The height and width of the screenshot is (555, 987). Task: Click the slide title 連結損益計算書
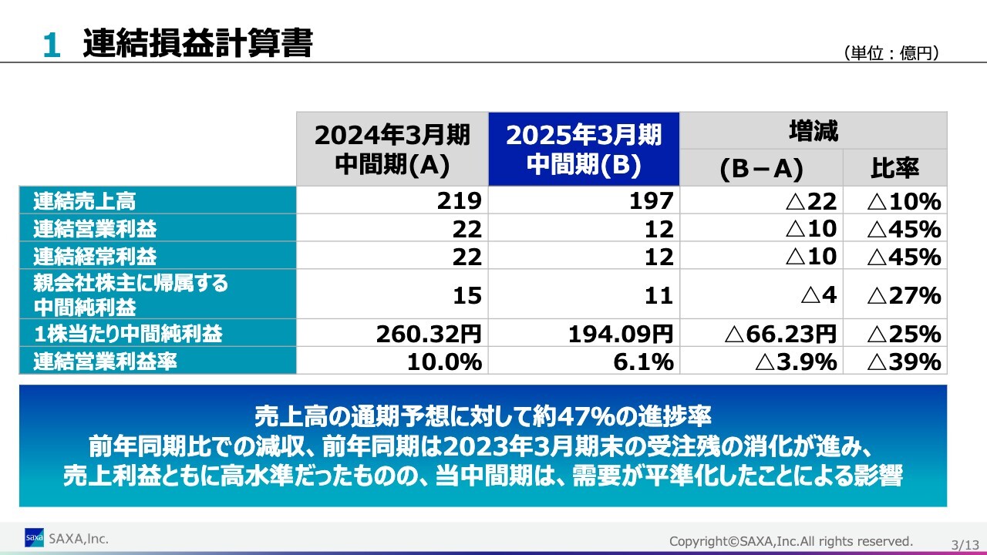pos(197,43)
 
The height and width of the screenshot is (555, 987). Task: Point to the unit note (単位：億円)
pos(893,53)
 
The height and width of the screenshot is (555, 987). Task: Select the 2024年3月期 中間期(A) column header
pos(392,150)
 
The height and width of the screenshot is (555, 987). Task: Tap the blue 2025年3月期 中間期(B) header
pos(584,150)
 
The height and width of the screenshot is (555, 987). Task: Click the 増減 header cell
pos(813,131)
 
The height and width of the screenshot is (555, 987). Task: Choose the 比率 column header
pos(894,168)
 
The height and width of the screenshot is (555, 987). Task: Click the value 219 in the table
pos(459,201)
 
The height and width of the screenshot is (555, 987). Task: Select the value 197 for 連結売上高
pos(651,201)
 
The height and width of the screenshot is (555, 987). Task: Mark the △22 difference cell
pos(811,201)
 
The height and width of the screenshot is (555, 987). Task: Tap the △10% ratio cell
pos(904,202)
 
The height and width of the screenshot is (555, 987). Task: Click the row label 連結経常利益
pos(95,256)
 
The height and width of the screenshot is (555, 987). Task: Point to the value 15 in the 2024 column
pos(467,295)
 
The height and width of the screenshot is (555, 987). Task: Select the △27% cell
pos(904,295)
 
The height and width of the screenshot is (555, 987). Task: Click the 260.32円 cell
pos(429,334)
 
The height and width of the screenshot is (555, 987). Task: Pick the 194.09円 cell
pos(621,334)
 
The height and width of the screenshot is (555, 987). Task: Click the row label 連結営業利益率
pos(105,362)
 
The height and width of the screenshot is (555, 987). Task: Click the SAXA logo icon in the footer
pos(34,537)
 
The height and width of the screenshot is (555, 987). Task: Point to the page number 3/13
pos(965,545)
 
